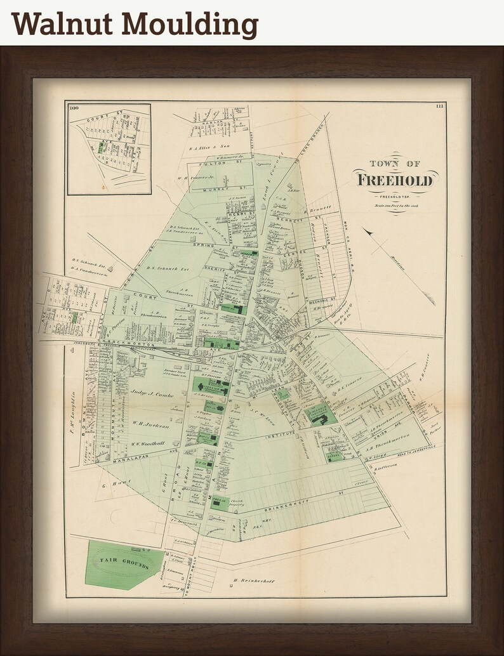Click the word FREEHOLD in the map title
[395, 180]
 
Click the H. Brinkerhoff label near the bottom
[253, 581]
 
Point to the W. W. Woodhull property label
[149, 443]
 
